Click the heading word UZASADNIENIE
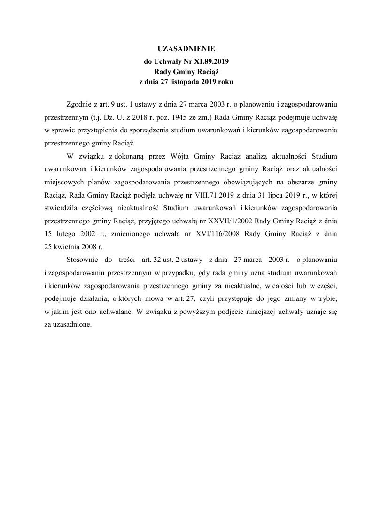coord(186,49)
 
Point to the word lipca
coord(264,192)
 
